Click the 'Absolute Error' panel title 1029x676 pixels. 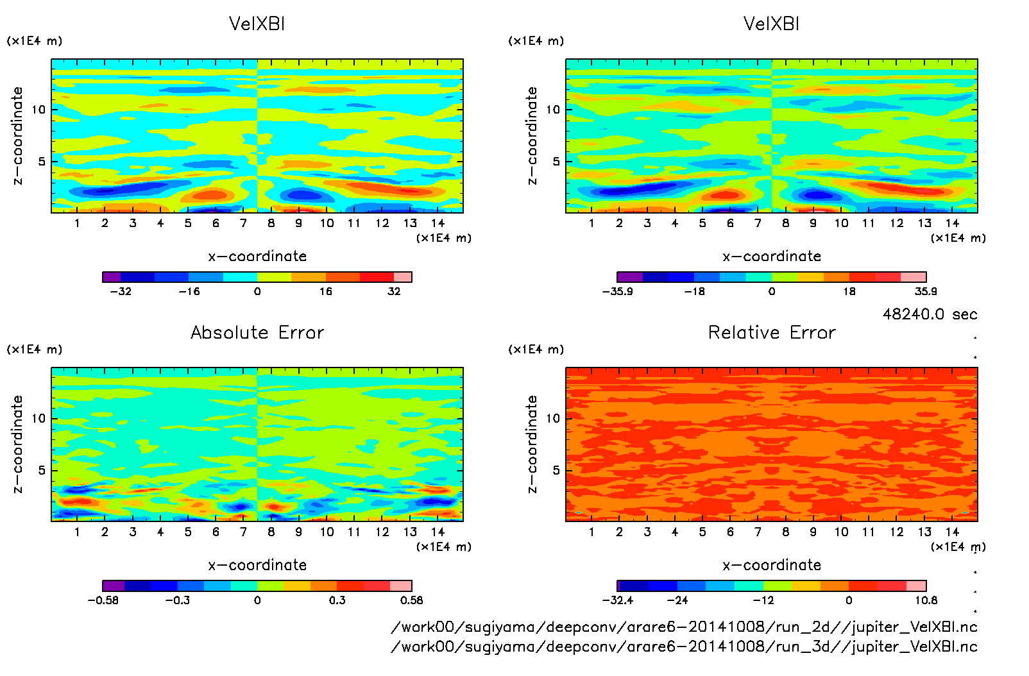(257, 332)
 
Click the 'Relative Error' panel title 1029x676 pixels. (772, 332)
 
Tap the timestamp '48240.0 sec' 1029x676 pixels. (930, 314)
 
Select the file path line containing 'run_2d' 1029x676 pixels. (684, 627)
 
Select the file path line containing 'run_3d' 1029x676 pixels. (684, 646)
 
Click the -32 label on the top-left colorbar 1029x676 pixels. (121, 291)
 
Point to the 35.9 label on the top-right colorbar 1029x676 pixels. (925, 291)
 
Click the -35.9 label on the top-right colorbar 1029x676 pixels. (618, 291)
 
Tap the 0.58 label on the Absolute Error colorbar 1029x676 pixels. (411, 600)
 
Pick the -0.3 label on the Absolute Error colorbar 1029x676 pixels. (178, 600)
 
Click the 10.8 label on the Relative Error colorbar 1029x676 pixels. (926, 600)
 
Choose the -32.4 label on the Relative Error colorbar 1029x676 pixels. (618, 600)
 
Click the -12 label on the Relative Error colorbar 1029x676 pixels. (763, 600)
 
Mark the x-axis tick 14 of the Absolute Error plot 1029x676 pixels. (438, 532)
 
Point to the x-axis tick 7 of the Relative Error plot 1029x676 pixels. (758, 532)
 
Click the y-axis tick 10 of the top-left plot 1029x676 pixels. (38, 110)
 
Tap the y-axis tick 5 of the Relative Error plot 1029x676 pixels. (556, 470)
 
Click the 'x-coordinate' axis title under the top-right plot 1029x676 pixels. (772, 257)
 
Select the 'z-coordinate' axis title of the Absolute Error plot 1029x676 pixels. (17, 444)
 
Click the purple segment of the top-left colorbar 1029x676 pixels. (112, 277)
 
